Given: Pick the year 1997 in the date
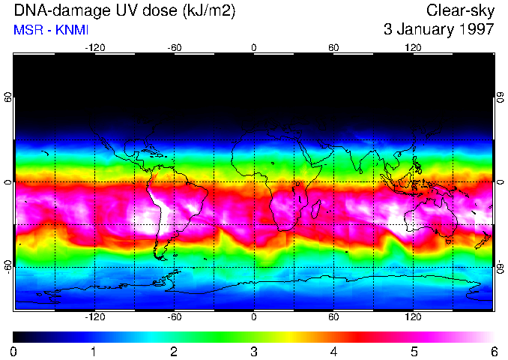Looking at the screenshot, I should pos(478,30).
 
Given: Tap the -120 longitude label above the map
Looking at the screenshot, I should pos(94,47).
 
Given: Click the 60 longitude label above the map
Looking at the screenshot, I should pos(334,47).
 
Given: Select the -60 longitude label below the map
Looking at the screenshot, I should pos(175,316).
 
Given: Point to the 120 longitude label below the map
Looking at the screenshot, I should pos(414,316).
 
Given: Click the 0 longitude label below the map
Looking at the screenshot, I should pos(254,316).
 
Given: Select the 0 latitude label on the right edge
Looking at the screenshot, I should pos(500,182).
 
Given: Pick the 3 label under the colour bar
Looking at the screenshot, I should pos(253,351).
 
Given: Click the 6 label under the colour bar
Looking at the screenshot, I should pos(493,351).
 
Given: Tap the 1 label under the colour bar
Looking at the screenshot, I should pos(94,351).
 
